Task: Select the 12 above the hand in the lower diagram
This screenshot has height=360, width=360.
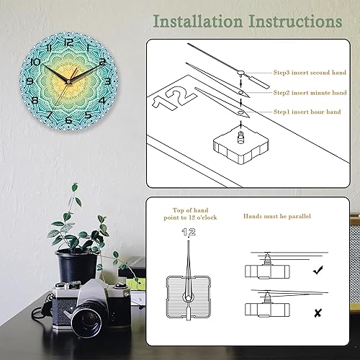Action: point(187,233)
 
